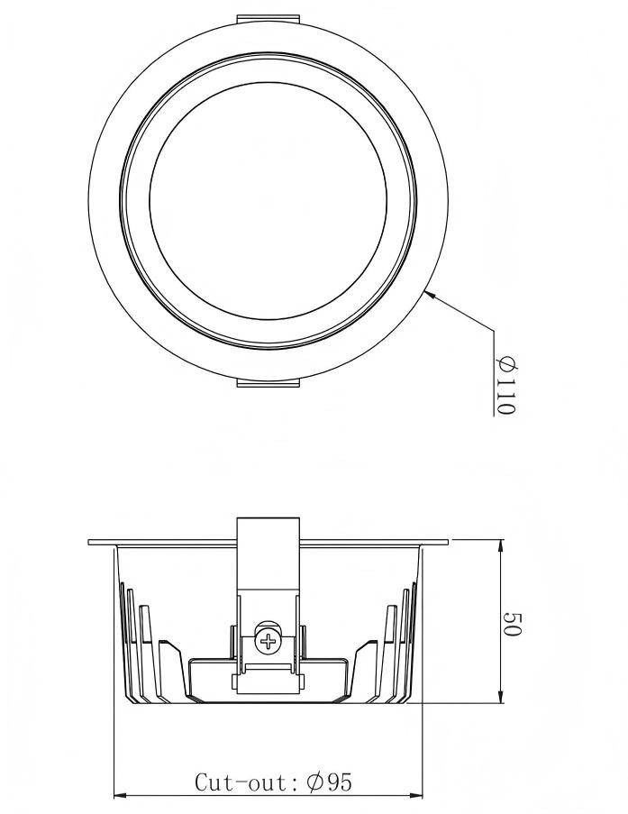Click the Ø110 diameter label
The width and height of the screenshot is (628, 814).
(506, 386)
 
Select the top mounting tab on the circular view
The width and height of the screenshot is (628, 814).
(268, 19)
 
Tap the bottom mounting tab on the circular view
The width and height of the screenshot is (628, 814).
(268, 382)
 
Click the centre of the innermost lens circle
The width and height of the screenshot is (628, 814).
(268, 200)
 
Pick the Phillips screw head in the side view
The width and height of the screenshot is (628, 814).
(268, 641)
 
